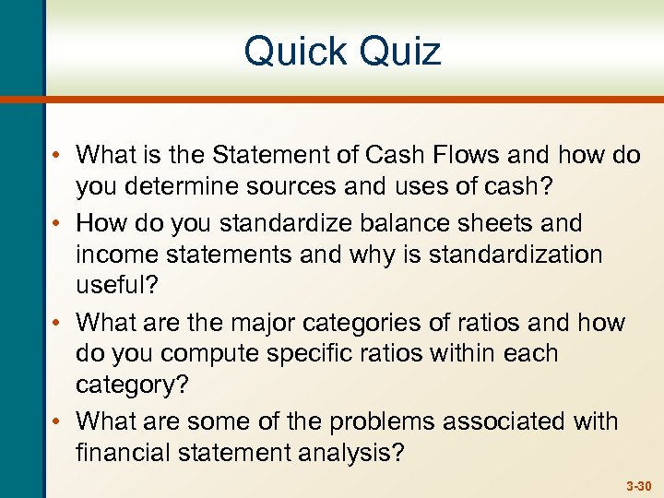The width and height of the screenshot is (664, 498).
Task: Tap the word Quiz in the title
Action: coord(397,52)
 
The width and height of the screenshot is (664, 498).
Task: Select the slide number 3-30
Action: coord(637,484)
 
